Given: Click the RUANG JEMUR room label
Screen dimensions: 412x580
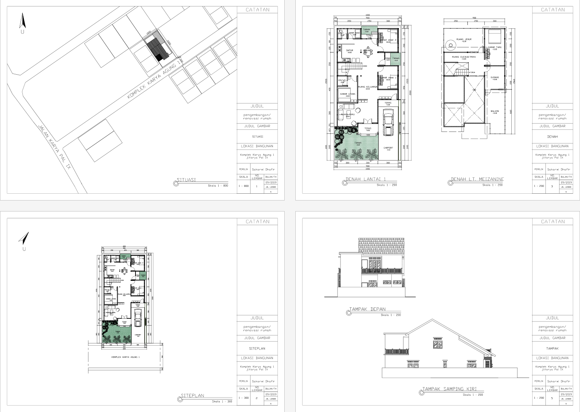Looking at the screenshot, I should [x=464, y=39].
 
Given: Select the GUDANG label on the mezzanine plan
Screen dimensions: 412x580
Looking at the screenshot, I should [x=495, y=77].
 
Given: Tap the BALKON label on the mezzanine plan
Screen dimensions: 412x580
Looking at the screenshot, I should [x=495, y=111].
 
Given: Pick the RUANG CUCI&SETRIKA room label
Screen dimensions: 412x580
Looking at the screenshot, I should [x=463, y=57].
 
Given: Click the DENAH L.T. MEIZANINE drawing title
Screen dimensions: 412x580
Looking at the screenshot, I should [x=477, y=179].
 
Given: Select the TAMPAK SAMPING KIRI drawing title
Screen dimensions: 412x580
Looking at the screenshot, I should [x=449, y=389].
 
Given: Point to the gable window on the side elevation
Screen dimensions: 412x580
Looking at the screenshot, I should [x=437, y=344].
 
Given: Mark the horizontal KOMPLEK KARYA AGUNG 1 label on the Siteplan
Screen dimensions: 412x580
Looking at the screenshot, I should [x=125, y=357].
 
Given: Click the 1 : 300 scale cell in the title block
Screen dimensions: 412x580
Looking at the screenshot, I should [x=243, y=398].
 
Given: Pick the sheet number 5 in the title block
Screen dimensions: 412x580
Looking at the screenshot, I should [x=552, y=398].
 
